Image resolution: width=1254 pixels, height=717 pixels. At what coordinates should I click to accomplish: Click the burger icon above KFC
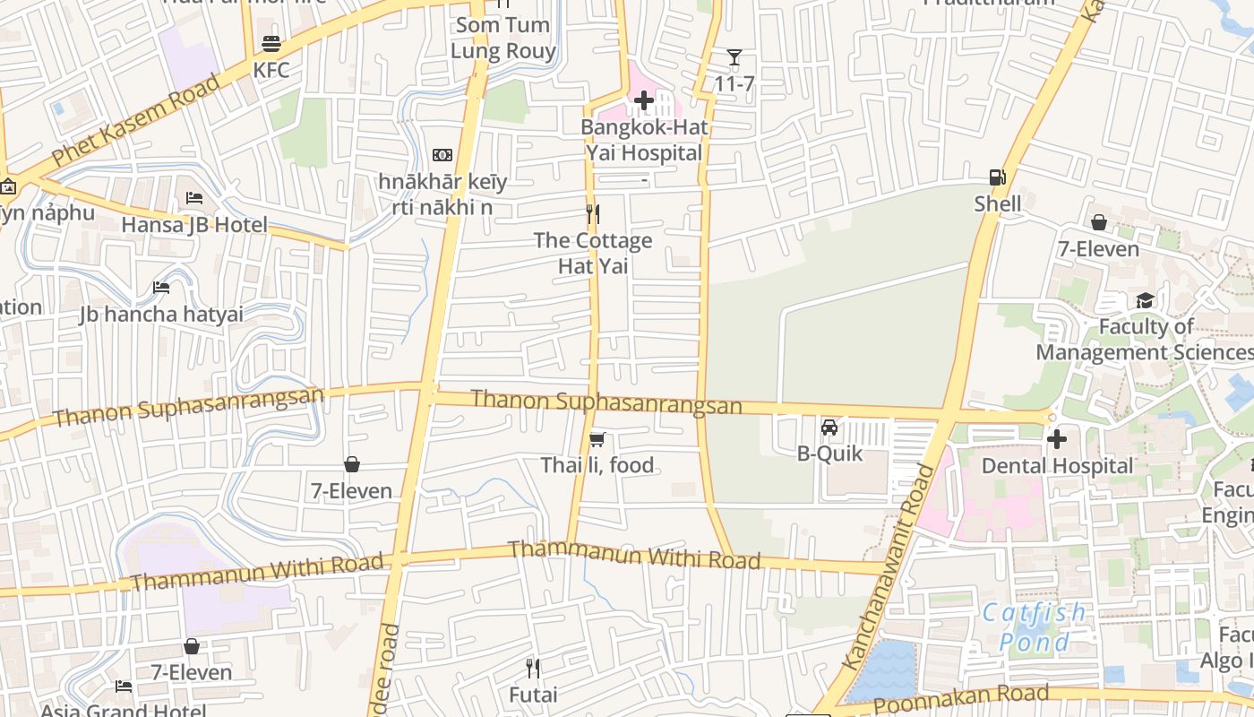[x=271, y=44]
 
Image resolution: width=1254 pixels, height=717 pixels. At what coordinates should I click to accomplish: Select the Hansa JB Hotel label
[x=194, y=224]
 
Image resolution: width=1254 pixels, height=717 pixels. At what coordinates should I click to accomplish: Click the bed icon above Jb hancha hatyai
[x=161, y=288]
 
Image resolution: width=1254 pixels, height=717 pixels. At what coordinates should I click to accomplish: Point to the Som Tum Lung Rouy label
[x=502, y=38]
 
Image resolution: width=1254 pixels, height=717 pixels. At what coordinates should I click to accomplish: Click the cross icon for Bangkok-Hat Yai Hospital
[x=643, y=100]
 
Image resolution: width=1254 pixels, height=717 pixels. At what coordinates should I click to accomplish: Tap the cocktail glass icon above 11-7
[x=734, y=58]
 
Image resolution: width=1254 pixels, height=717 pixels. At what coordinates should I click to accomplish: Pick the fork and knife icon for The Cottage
[x=592, y=213]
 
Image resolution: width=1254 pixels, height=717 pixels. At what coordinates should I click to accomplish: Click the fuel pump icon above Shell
[x=997, y=177]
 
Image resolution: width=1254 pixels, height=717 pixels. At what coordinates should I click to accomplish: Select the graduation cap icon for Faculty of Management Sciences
[x=1145, y=300]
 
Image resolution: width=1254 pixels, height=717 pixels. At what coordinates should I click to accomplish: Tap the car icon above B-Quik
[x=829, y=428]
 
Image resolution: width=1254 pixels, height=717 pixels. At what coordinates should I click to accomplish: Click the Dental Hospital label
[x=1057, y=466]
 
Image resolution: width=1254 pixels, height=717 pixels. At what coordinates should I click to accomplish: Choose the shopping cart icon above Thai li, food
[x=597, y=439]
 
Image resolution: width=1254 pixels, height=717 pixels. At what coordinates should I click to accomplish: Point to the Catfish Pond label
[x=1034, y=627]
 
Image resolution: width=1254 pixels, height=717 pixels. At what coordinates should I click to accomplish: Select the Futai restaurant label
[x=533, y=695]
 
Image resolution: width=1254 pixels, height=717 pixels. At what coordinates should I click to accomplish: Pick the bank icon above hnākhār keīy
[x=442, y=156]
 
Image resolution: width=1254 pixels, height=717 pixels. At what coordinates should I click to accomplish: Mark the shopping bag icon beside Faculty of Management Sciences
[x=1098, y=222]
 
